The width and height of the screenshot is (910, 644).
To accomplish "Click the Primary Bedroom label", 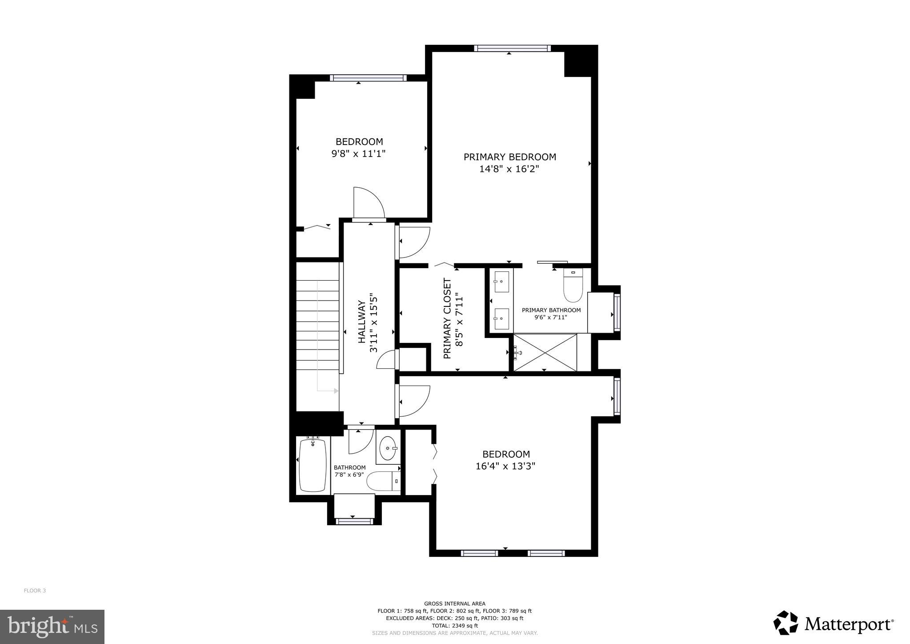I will [x=509, y=157].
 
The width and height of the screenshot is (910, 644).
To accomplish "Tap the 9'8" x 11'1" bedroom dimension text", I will [x=359, y=154].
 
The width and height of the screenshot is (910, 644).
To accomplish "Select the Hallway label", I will [x=362, y=322].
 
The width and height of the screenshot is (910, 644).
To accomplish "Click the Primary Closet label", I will [x=447, y=318].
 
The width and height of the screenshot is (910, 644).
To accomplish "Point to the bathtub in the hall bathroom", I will [x=313, y=465].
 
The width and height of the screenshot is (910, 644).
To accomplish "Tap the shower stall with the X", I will [x=545, y=352].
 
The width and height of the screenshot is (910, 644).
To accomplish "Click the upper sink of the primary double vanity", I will [x=501, y=281].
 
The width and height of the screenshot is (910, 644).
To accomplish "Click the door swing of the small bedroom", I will [x=368, y=203].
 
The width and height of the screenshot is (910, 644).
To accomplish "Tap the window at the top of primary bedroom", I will [x=512, y=48].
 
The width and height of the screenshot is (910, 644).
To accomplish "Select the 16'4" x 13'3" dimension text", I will [x=505, y=466].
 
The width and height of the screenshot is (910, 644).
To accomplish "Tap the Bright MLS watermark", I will [x=52, y=627].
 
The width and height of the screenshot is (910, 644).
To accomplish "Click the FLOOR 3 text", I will [x=35, y=591].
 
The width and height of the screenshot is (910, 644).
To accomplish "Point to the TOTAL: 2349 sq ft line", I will [x=454, y=625].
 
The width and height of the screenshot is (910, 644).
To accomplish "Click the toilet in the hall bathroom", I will [x=383, y=481].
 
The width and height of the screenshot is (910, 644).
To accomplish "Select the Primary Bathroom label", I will [x=551, y=310].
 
